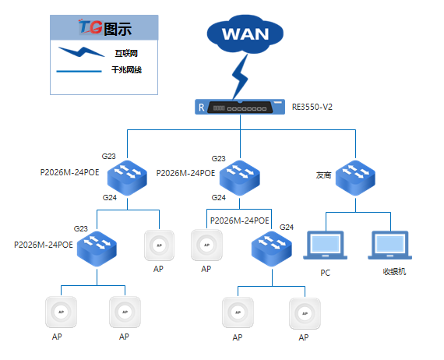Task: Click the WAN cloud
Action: [245, 34]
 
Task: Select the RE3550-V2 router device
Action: [240, 107]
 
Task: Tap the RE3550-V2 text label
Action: [312, 107]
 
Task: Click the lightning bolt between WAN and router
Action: [240, 76]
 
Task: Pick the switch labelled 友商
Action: [355, 178]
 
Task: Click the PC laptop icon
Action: [326, 245]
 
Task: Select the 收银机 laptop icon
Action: [390, 245]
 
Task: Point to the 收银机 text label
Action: [394, 272]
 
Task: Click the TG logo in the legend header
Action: [90, 27]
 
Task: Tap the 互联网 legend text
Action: [126, 53]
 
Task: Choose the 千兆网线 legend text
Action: [126, 69]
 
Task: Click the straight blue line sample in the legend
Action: [79, 71]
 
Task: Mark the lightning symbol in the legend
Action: [81, 52]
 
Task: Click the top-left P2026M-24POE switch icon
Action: [127, 178]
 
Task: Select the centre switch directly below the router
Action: [240, 178]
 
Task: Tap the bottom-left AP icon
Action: [62, 312]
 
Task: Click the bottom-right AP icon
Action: [305, 313]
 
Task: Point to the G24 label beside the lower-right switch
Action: [287, 228]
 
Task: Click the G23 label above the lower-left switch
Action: [81, 228]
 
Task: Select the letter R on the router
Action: [201, 108]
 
